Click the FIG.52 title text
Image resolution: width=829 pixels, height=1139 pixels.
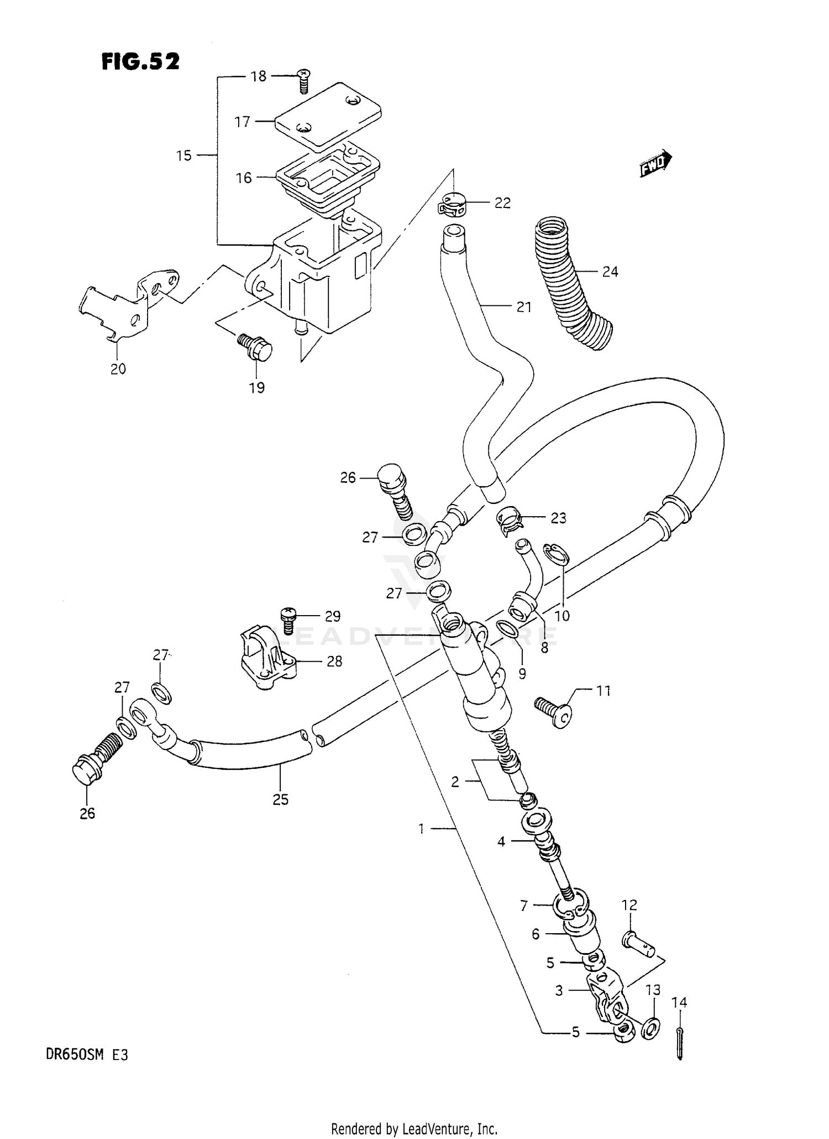(x=140, y=62)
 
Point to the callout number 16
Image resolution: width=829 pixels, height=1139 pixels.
(x=244, y=178)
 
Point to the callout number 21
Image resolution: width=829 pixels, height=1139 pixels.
(x=523, y=307)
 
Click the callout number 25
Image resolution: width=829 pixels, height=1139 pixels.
(x=280, y=799)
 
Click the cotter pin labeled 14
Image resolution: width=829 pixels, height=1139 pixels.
(x=680, y=1043)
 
